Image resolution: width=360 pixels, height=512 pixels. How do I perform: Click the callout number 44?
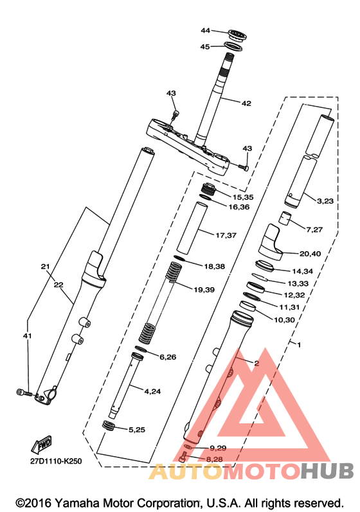pos(205,30)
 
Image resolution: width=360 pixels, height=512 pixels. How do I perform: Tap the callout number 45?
pos(205,47)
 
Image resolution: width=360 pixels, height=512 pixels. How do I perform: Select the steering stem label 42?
pos(246,103)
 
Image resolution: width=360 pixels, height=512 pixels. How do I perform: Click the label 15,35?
pos(243,197)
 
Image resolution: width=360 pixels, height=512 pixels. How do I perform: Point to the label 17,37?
pos(226,235)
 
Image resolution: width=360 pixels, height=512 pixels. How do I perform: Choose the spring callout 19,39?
pos(204,290)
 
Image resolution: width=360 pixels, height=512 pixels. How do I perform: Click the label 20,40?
pos(310,254)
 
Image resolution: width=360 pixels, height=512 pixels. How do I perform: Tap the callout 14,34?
pos(303,271)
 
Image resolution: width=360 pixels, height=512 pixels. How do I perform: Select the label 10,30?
pos(284,320)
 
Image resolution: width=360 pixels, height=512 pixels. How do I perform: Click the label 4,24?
pos(152,391)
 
